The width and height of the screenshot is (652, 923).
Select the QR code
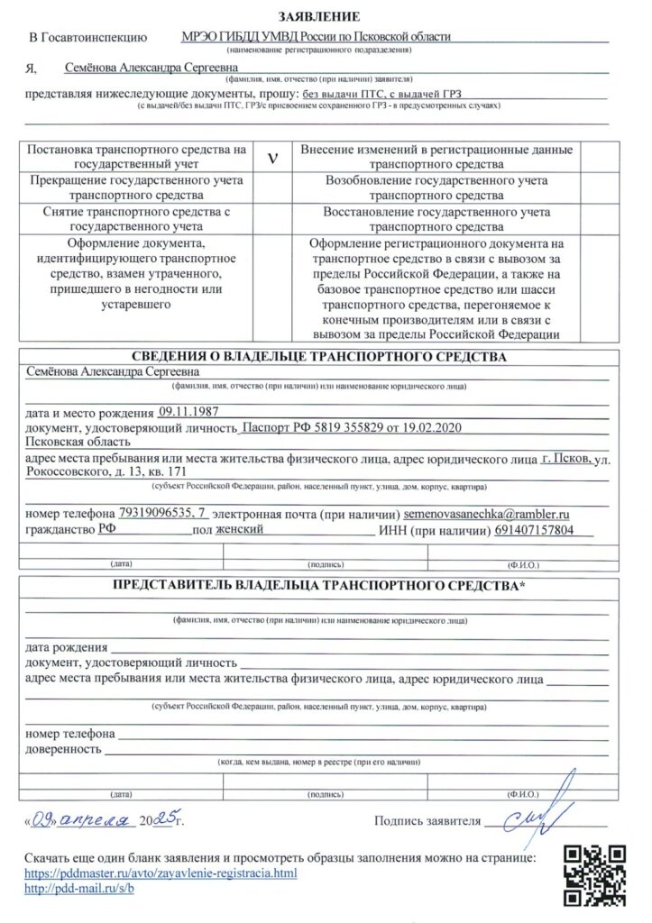(593, 874)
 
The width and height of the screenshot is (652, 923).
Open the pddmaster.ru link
(160, 873)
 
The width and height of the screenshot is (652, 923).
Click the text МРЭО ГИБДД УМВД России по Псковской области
(316, 37)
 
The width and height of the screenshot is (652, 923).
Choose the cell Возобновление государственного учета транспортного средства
(437, 187)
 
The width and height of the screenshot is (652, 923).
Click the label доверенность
(62, 749)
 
